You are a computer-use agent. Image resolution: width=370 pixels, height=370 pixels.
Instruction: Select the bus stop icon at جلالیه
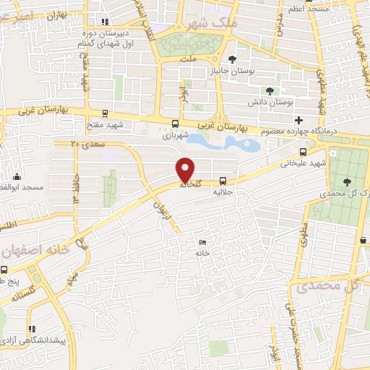coord(223,181)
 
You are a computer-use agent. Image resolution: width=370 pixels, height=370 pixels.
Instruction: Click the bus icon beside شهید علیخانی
coord(304,152)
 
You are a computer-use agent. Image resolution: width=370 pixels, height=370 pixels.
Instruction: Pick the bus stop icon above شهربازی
coord(176,123)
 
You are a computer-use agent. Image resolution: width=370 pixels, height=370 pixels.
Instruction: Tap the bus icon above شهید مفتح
coord(106,113)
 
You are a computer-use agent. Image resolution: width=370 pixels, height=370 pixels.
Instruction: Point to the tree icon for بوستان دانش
coord(269,91)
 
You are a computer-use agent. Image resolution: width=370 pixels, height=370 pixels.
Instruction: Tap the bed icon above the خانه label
coord(202,243)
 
